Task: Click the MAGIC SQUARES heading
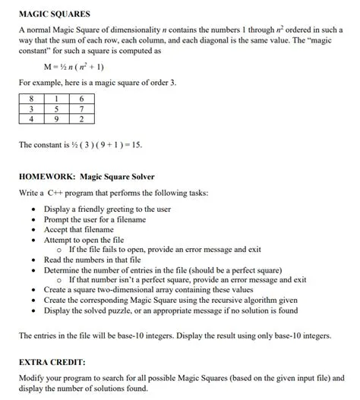[54, 14]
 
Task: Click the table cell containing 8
[31, 98]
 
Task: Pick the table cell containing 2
[82, 119]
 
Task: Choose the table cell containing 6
[82, 98]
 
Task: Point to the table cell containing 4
[31, 119]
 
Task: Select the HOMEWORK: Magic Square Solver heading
[87, 177]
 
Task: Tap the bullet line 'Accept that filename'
[79, 229]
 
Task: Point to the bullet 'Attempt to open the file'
[84, 239]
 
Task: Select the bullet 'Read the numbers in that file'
[92, 259]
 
